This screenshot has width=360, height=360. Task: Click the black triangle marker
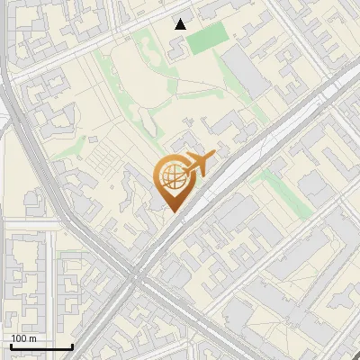click(181, 24)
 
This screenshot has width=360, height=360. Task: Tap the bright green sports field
click(208, 37)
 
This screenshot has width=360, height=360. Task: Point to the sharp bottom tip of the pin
click(172, 212)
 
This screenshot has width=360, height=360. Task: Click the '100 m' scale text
click(23, 338)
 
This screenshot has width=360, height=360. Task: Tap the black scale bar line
click(40, 346)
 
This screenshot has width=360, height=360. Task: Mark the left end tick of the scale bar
click(10, 345)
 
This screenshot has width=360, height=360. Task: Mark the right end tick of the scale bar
click(72, 345)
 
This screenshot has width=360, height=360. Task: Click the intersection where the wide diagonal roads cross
click(135, 274)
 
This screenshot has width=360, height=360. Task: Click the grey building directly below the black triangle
click(177, 45)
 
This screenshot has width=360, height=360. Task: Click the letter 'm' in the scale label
click(32, 338)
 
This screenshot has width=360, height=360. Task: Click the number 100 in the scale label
click(19, 338)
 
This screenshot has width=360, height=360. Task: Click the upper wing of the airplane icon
click(192, 157)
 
